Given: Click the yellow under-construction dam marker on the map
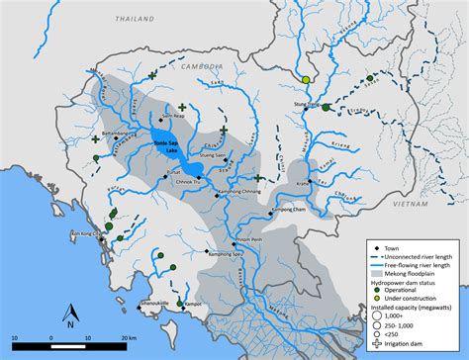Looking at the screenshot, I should click(x=308, y=79).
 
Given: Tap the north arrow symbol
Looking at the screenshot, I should click(x=70, y=315).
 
